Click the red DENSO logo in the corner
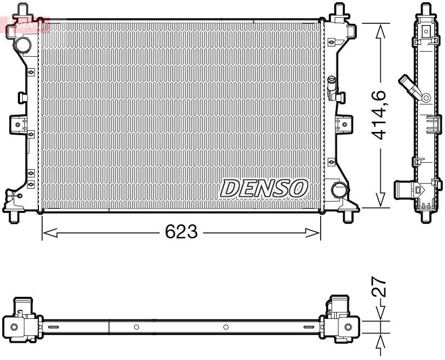(x=27, y=24)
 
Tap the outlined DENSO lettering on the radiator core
(x=264, y=189)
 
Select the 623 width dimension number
(x=181, y=233)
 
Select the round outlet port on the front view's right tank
(x=339, y=190)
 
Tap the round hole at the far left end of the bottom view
(x=14, y=327)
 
